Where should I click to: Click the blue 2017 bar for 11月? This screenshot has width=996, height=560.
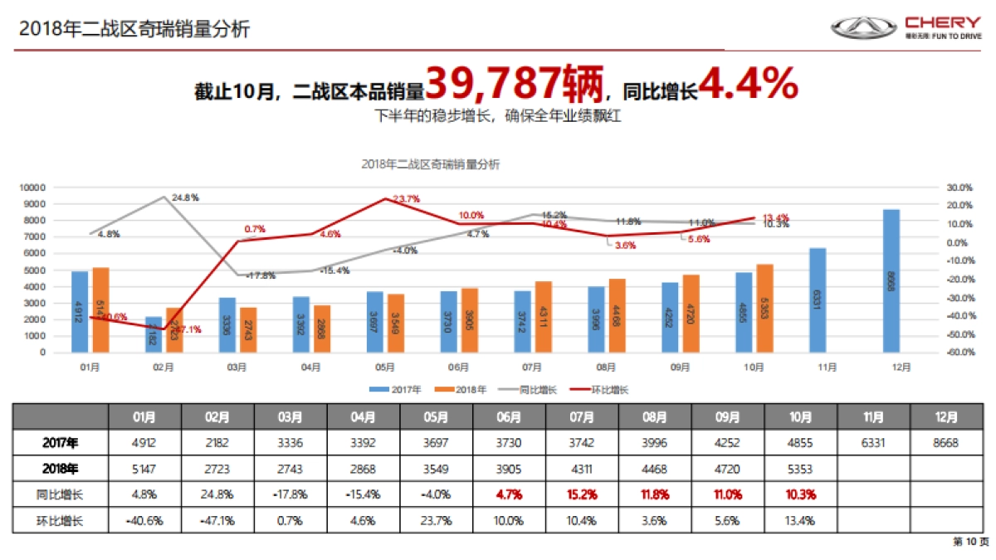pos(818,299)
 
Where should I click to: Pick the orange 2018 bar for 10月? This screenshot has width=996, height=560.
pos(764,308)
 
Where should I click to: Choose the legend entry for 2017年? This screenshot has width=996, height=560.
pos(394,389)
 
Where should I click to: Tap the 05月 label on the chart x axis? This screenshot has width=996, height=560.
pos(383,366)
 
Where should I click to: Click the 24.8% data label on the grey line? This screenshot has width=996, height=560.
pos(185,198)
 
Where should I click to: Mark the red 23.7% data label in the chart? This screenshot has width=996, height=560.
pos(406,199)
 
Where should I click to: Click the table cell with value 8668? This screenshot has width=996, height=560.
pos(946,443)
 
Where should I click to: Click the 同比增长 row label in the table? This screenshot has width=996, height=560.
pos(61,494)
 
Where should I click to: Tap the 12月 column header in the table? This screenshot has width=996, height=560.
pos(946,417)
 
